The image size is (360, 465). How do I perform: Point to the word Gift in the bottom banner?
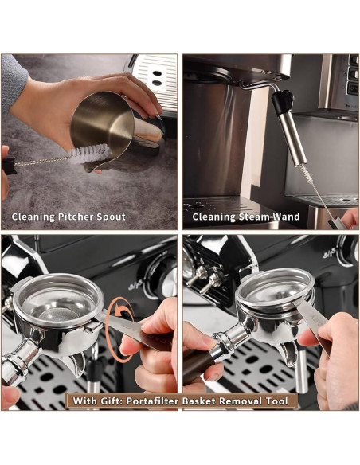[116, 401]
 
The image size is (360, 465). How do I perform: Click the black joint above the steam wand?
[283, 102]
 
